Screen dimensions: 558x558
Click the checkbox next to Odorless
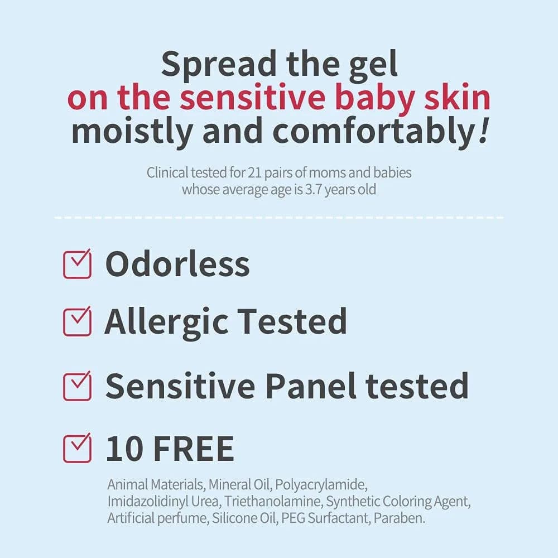coord(77,264)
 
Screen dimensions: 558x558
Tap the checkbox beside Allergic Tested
coord(77,322)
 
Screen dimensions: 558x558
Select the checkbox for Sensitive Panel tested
coord(77,386)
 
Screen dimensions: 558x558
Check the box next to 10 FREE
coord(77,449)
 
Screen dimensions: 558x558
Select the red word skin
coord(459,97)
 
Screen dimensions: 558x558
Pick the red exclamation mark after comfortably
coord(484,131)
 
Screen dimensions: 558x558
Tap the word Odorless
coord(177,264)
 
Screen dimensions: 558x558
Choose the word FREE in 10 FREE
coord(193,449)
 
